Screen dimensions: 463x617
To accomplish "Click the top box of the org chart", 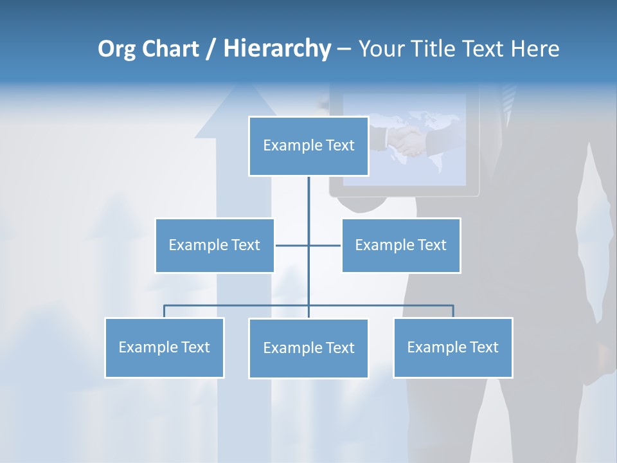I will [308, 146].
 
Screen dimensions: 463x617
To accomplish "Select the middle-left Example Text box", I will [215, 245].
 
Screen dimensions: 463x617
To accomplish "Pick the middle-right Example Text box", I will [400, 245].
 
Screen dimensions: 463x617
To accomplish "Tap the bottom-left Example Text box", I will [165, 347].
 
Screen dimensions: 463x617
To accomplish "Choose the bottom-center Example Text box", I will [308, 348].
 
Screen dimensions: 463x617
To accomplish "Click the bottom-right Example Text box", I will [452, 347].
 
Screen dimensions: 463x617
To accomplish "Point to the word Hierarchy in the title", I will [277, 49].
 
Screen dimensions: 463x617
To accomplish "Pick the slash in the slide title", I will [211, 49].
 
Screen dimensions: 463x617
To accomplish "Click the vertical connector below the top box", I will [308, 196].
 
